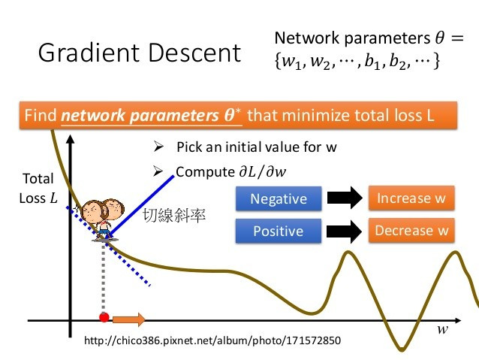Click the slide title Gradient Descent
point(140,53)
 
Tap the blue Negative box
point(279,199)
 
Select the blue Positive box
point(279,231)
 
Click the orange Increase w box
point(412,198)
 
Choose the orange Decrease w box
point(412,230)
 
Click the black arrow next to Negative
point(345,199)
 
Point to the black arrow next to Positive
point(345,231)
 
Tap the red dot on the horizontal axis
point(104,317)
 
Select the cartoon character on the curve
point(103,217)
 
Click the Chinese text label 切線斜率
point(175,216)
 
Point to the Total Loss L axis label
point(38,189)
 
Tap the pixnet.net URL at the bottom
point(212,341)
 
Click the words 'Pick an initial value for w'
point(256,147)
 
